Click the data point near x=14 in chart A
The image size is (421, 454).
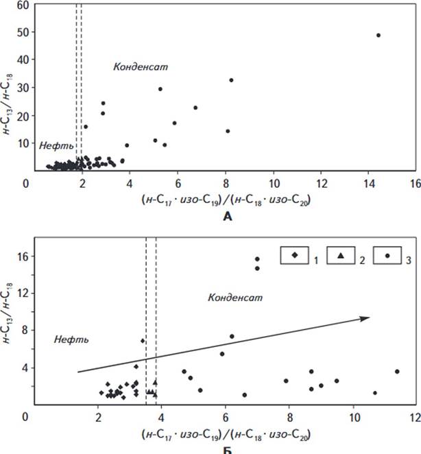click(378, 35)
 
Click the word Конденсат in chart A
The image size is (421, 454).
click(141, 67)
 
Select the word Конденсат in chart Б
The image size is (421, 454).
click(235, 298)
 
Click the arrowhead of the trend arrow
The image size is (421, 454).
click(367, 318)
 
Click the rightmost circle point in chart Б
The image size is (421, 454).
click(397, 372)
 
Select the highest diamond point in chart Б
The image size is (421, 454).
click(143, 341)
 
